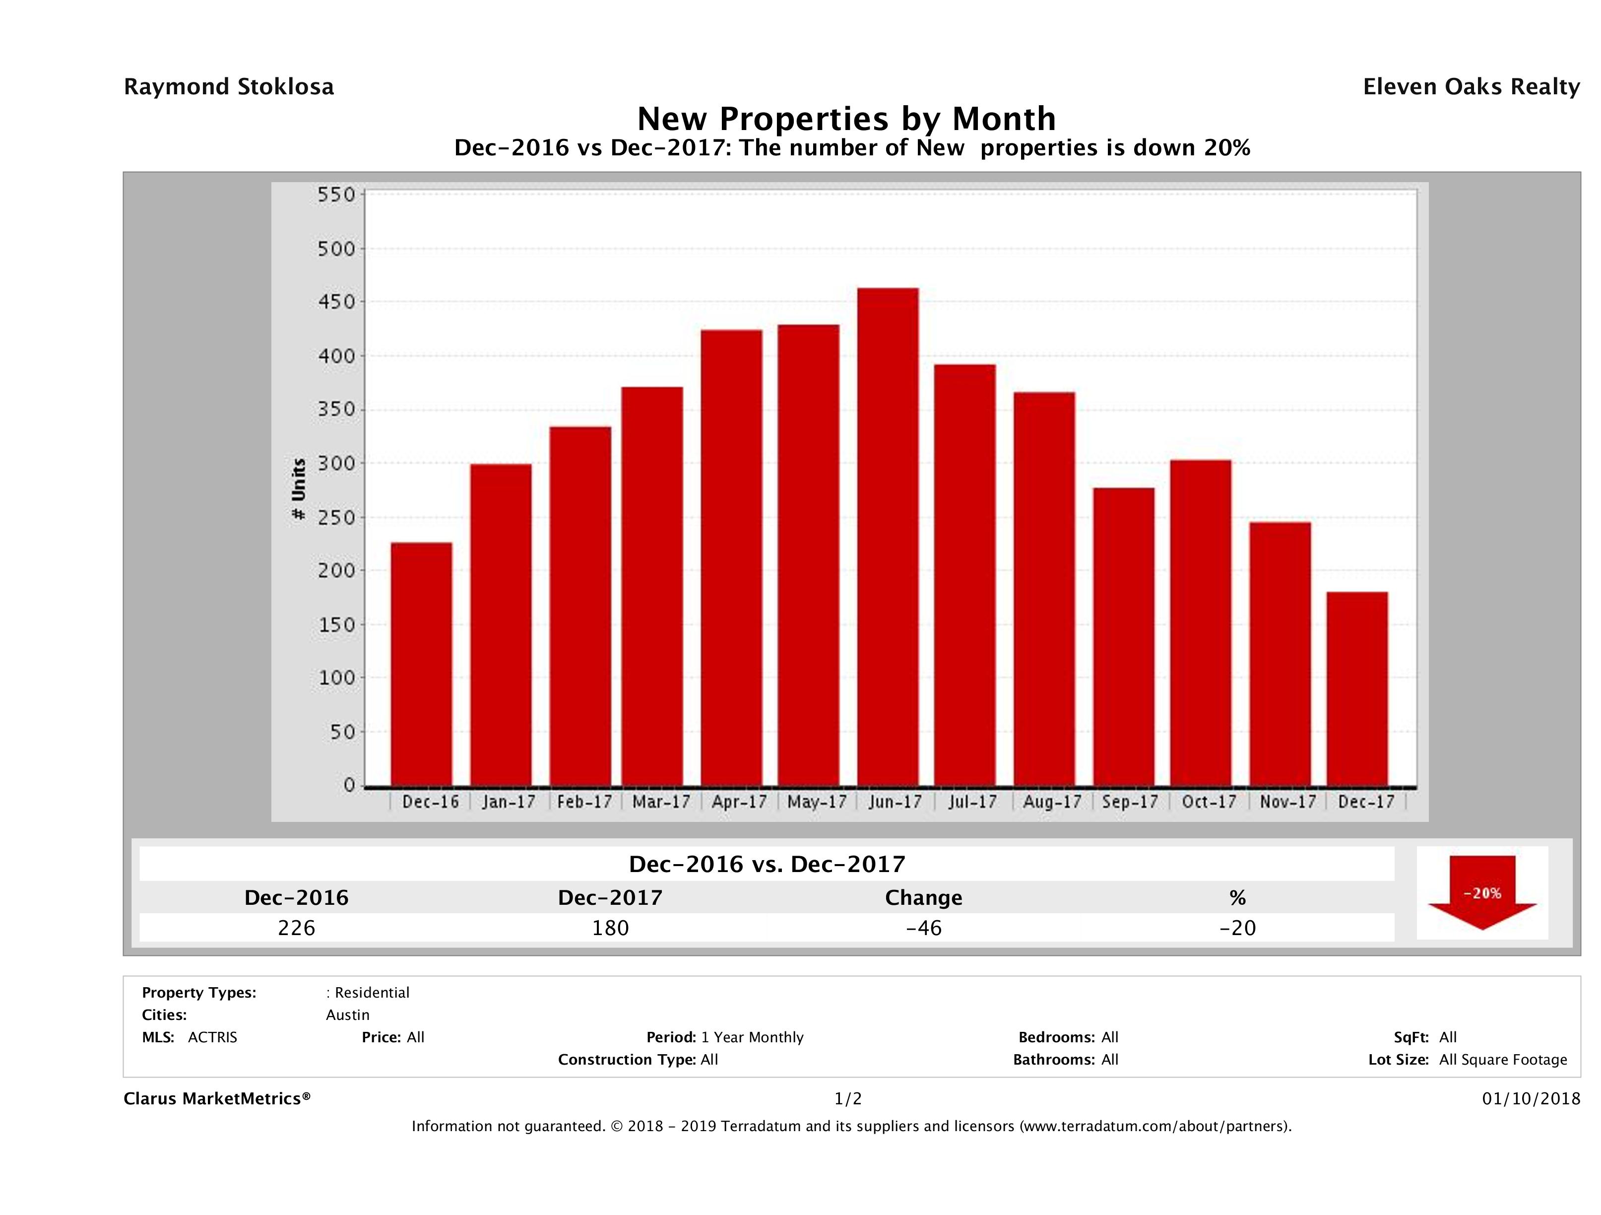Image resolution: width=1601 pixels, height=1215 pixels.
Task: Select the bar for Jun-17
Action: pyautogui.click(x=888, y=537)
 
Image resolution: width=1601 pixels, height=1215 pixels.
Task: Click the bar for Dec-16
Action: pyautogui.click(x=421, y=664)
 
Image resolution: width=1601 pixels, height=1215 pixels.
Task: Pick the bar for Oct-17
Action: pyautogui.click(x=1201, y=623)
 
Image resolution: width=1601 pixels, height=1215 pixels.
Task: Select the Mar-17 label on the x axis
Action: pyautogui.click(x=661, y=802)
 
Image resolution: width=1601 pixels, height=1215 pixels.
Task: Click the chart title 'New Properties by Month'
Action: pyautogui.click(x=846, y=118)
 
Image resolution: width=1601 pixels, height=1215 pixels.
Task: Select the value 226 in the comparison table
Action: pyautogui.click(x=297, y=928)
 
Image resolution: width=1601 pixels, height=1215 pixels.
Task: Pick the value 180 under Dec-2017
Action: pyautogui.click(x=610, y=928)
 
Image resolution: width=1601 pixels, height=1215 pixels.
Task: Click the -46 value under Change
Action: pyautogui.click(x=924, y=928)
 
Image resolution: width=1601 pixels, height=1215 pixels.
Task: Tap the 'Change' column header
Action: pyautogui.click(x=924, y=898)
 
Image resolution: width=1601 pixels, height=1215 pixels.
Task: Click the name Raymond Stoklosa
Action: pyautogui.click(x=229, y=87)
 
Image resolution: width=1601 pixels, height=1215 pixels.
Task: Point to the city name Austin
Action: pyautogui.click(x=347, y=1015)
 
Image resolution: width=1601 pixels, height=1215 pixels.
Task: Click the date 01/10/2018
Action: pyautogui.click(x=1531, y=1098)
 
